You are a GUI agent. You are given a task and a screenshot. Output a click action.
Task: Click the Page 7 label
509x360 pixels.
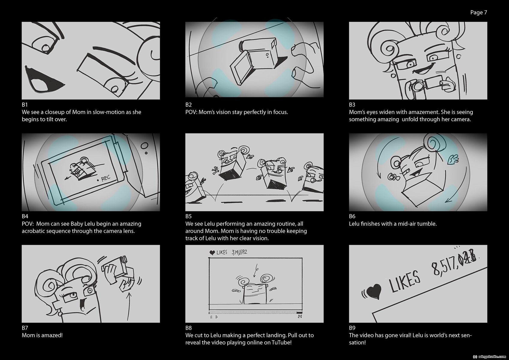tap(478, 13)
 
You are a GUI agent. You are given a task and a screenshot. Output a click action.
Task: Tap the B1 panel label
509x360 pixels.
tap(25, 105)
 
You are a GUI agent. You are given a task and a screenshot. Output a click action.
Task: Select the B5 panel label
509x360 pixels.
tap(188, 216)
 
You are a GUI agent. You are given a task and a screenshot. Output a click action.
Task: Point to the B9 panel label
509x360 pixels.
tap(352, 328)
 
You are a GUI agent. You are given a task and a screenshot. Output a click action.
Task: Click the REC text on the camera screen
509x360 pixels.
tap(106, 178)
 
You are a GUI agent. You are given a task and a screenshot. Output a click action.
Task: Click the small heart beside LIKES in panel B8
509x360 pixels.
tap(212, 253)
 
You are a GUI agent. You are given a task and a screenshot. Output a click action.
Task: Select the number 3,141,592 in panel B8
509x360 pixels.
tap(239, 252)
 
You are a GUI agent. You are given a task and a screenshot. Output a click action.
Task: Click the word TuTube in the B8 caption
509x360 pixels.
tap(281, 343)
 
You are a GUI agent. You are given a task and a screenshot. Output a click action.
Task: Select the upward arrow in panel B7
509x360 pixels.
tap(129, 306)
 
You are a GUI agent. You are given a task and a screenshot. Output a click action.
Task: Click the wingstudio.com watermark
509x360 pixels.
tap(490, 357)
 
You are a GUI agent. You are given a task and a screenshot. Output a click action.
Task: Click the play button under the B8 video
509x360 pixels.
tap(217, 317)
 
